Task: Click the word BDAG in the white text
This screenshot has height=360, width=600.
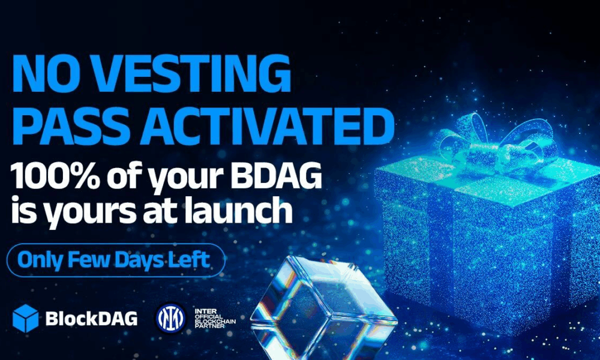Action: tap(276, 175)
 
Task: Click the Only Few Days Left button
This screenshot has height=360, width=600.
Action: tap(116, 260)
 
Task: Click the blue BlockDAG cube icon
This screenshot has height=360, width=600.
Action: tap(25, 318)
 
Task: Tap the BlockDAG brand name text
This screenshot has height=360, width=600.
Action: tap(91, 318)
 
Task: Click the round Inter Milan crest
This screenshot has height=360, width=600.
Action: tap(170, 318)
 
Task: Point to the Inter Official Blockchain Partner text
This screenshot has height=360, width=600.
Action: tap(215, 318)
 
